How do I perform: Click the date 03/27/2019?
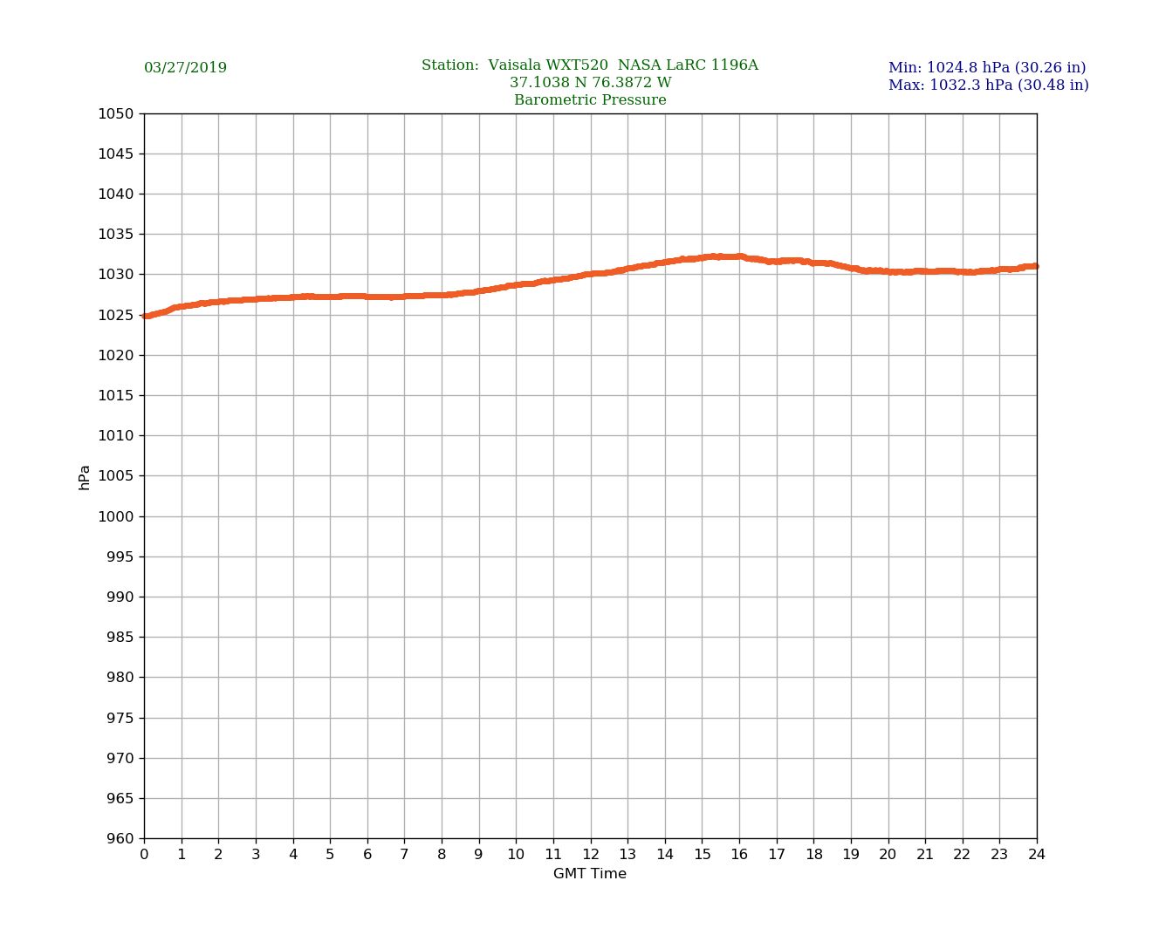185,68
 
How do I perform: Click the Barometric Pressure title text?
590,100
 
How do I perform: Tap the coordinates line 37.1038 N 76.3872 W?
590,83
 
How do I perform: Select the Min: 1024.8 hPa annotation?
987,68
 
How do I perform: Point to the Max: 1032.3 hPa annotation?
988,85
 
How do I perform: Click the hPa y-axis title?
85,476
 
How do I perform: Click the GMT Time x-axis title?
590,874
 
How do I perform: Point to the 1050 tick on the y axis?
116,113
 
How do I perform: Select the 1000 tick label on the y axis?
116,516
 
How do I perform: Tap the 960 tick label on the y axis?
120,839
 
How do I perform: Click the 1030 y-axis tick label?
116,275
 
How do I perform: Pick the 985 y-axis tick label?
120,638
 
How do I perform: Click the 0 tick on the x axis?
144,855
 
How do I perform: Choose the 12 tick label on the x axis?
591,855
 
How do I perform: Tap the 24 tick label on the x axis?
1037,855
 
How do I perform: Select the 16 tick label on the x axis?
739,855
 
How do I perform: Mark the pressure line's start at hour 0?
145,316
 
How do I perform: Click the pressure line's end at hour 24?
1036,266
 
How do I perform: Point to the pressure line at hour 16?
739,256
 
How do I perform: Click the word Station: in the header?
450,65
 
